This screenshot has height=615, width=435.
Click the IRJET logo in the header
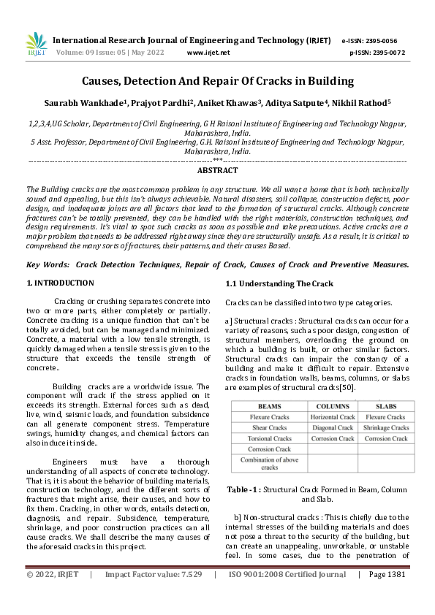36,45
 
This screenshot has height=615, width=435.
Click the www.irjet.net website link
208,53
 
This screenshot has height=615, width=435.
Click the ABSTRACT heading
217,170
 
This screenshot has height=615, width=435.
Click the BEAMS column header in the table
270,406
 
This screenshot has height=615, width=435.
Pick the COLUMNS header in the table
333,406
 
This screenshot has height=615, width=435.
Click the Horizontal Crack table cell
333,417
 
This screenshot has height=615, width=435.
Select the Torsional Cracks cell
270,439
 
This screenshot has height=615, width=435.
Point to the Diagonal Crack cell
333,428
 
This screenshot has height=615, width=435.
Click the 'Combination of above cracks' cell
270,463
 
